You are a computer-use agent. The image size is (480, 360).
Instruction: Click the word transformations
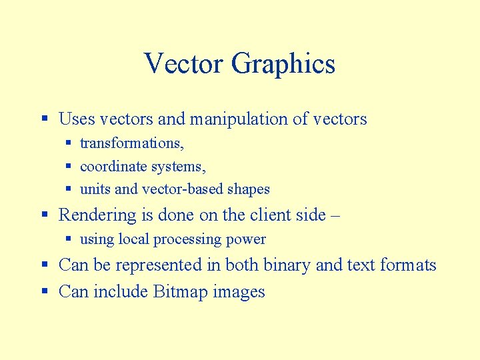coord(131,143)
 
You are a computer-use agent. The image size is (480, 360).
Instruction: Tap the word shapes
coord(249,189)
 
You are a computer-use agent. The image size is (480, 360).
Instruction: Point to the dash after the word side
coord(335,216)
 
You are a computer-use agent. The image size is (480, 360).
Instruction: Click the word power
coord(247,240)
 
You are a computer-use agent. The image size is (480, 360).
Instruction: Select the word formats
coord(408,265)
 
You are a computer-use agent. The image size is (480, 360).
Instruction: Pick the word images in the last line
coord(239,292)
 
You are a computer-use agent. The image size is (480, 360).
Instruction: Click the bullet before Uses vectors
coord(44,120)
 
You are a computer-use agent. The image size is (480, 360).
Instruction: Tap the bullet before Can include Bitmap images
coord(44,292)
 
